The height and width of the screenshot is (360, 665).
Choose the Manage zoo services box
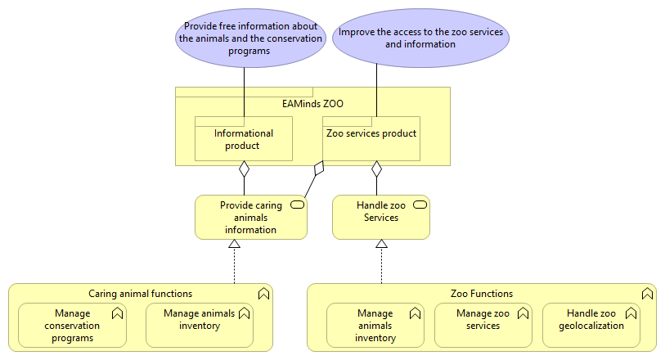pos(483,325)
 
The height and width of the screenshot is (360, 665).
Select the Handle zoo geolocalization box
pos(591,325)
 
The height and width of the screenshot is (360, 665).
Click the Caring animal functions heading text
pos(141,293)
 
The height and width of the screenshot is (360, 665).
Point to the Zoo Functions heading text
pos(482,293)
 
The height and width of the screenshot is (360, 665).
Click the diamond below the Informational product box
pos(244,169)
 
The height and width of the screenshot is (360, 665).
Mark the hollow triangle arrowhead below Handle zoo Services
pos(380,244)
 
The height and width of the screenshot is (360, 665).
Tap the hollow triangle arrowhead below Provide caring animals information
pos(234,244)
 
